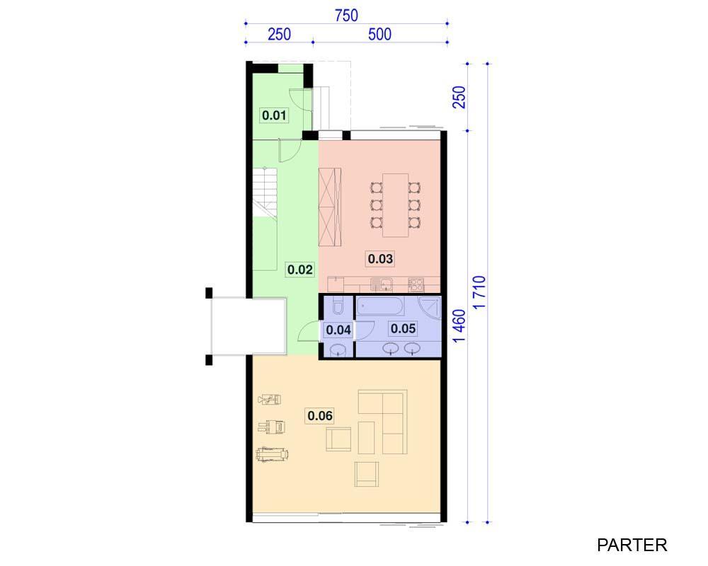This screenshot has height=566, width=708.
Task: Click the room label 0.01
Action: point(274,115)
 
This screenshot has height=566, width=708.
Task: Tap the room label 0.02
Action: point(299,270)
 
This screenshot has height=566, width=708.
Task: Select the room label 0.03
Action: point(380,259)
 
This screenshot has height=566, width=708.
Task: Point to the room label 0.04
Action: point(338,330)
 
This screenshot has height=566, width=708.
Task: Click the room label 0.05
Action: point(403,328)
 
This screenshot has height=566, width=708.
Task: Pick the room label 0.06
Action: point(320,415)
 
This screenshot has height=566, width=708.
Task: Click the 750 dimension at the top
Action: point(346,16)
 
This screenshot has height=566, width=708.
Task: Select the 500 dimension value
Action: point(379,34)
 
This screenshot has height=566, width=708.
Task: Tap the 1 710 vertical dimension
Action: point(479,292)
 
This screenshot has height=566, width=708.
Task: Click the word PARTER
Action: point(632,545)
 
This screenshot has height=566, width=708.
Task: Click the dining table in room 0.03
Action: point(396,205)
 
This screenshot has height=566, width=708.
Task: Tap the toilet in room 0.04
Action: point(337,306)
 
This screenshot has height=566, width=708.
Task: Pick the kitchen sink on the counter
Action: point(382,284)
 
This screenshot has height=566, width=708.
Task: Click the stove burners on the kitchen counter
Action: point(416,284)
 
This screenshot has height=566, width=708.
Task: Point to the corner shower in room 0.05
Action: point(430,308)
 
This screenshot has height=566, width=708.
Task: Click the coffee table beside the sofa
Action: point(366,437)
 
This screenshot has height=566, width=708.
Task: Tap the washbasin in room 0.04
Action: point(337,350)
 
